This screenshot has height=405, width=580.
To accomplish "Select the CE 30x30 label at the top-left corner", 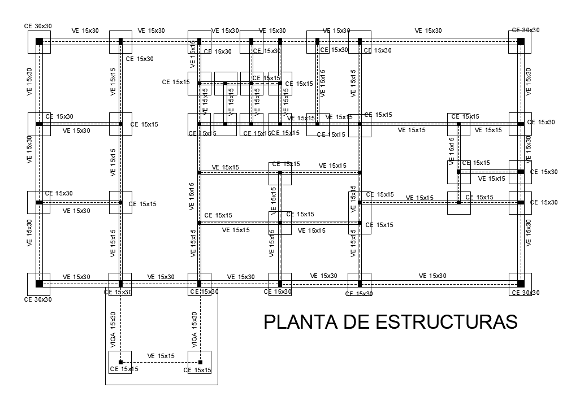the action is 38,26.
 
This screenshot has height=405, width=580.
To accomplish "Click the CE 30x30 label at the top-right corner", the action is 525,30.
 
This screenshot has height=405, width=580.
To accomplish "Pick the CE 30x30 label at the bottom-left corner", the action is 38,299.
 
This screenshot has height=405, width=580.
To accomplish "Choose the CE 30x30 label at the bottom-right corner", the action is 525,293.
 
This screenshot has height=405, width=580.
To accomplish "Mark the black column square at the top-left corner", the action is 39,42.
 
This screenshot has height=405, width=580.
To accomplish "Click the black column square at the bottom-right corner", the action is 520,284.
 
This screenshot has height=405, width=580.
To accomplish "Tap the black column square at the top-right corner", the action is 520,42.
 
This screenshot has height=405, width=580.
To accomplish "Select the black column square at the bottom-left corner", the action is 39,284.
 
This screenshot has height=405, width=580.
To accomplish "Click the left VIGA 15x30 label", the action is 113,330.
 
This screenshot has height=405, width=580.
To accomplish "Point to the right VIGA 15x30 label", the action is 194,330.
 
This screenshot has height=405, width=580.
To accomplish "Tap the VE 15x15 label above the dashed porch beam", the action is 161,356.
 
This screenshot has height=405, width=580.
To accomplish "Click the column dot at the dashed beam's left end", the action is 120,362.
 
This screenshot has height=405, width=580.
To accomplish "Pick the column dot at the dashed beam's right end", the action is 200,362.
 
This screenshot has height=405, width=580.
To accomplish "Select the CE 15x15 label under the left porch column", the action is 124,369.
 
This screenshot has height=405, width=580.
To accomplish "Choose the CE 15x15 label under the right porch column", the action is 197,371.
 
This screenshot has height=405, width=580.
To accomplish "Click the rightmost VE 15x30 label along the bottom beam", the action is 432,276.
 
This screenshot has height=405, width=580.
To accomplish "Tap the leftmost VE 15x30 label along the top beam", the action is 85,31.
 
